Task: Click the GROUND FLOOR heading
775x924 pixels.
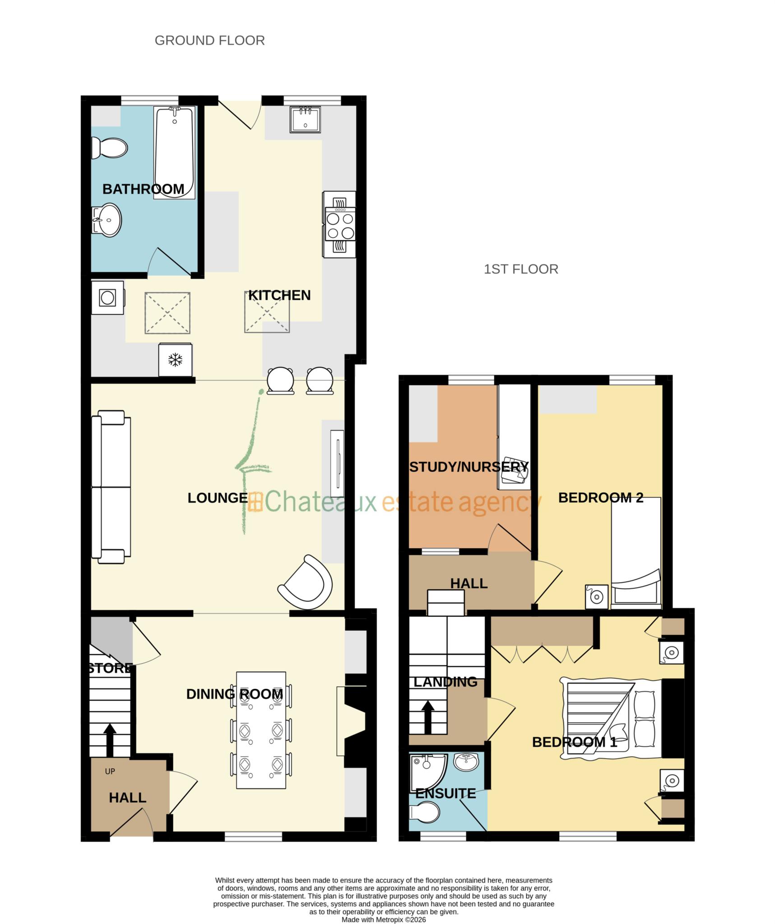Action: tap(209, 41)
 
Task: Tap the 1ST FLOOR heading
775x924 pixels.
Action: tap(520, 269)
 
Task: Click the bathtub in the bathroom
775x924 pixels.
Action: tap(174, 151)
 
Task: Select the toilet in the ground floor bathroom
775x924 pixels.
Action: tap(109, 148)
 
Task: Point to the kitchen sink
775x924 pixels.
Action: tap(305, 120)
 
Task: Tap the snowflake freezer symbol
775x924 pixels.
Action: tap(175, 360)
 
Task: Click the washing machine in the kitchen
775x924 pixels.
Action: tap(107, 298)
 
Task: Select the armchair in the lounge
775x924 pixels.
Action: tap(306, 582)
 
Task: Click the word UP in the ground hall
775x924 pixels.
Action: tap(110, 772)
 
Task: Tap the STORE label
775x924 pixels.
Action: tap(110, 668)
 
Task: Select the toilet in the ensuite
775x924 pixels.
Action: tap(424, 813)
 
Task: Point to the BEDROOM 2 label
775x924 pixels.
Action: tap(600, 498)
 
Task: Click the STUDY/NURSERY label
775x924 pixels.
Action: tap(469, 467)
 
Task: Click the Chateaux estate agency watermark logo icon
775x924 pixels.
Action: tap(255, 502)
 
